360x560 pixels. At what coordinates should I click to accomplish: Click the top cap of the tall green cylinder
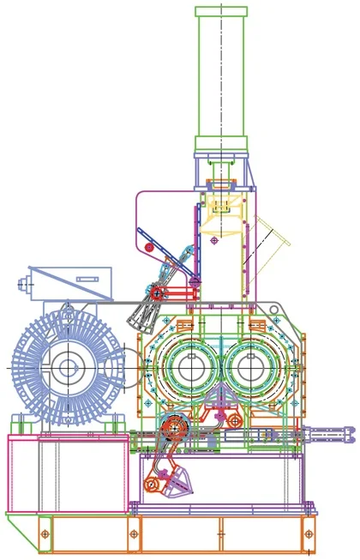[x=221, y=11]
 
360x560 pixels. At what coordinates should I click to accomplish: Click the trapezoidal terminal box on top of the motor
[x=69, y=280]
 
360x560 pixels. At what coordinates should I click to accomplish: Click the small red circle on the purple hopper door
[x=148, y=249]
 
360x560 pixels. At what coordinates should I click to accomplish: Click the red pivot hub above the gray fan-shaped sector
[x=157, y=293]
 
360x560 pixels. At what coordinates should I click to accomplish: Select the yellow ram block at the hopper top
[x=220, y=206]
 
